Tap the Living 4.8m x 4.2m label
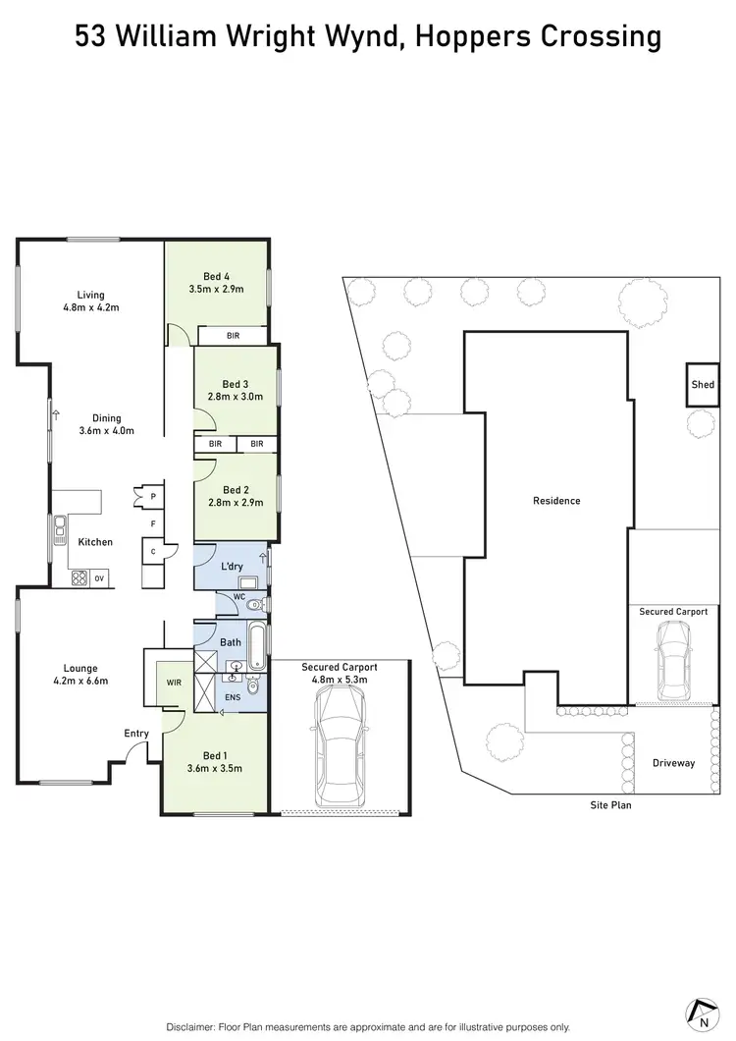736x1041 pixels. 91,301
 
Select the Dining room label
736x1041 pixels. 100,424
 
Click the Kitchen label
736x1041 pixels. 96,542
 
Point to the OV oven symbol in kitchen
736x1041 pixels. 99,578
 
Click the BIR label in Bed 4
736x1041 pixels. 233,336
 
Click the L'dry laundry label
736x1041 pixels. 232,569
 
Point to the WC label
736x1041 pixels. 238,597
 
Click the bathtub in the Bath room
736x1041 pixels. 256,644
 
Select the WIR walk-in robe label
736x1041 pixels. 173,684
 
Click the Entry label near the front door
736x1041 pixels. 136,733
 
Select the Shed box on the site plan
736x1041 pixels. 703,384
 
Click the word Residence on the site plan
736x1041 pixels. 556,501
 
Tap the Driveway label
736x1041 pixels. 673,763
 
